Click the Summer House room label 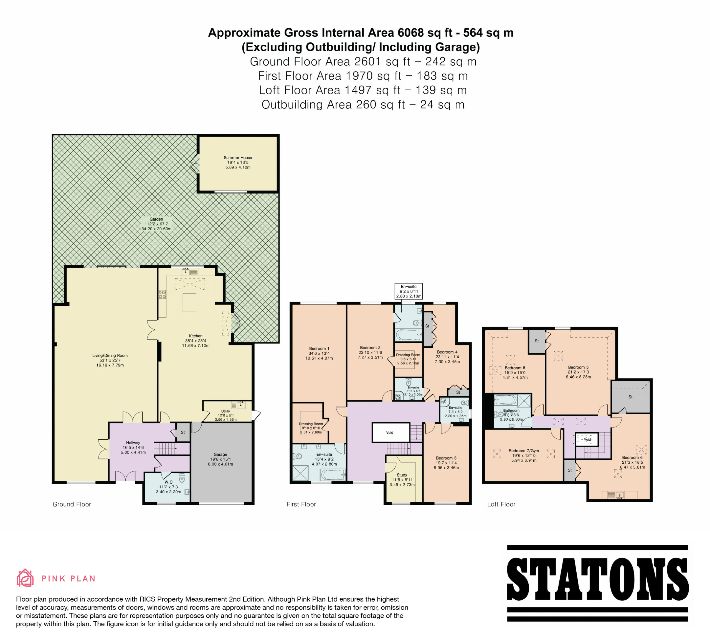[238, 158]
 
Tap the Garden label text [156, 219]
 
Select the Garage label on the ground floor [220, 454]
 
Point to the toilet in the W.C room [182, 478]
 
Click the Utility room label [225, 411]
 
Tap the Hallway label [133, 443]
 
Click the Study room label [402, 475]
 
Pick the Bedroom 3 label [446, 458]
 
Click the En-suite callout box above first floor [409, 291]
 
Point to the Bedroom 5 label [578, 367]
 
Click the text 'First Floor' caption [301, 504]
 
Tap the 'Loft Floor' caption [501, 504]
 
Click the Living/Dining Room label [110, 355]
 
